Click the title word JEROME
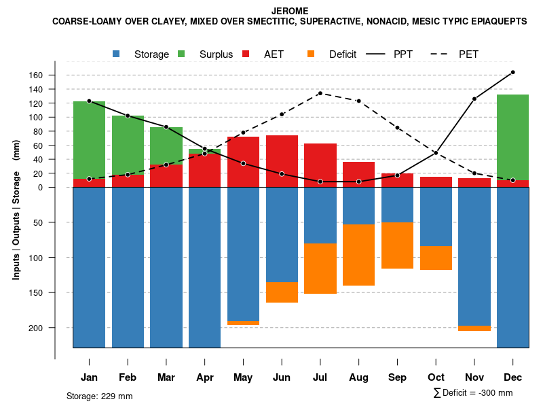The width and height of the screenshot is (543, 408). [289, 11]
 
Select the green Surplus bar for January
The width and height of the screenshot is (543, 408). [89, 140]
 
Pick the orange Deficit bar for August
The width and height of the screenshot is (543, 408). [358, 255]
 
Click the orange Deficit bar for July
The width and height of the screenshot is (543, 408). [320, 269]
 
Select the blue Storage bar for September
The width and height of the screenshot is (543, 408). [397, 205]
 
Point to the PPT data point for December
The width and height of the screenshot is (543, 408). [512, 72]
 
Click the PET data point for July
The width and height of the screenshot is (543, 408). [320, 93]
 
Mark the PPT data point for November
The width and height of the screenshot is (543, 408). [474, 99]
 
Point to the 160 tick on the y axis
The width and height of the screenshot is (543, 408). [55, 75]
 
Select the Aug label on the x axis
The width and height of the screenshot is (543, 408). [358, 377]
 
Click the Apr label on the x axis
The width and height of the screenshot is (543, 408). [205, 377]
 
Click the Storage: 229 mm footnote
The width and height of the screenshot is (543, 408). [100, 396]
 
